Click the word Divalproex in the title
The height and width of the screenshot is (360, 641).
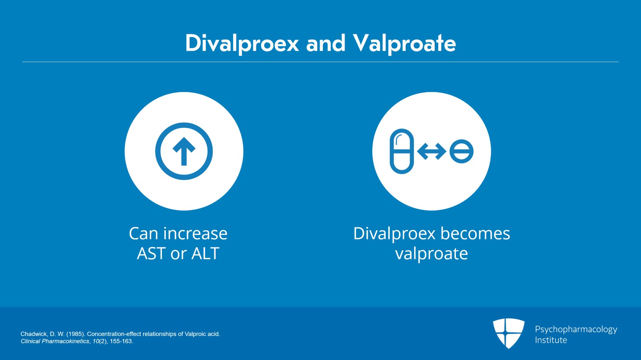(242, 43)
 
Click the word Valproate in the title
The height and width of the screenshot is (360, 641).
(404, 43)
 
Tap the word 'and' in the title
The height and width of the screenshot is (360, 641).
(326, 43)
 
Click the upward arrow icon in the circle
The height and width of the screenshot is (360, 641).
(184, 151)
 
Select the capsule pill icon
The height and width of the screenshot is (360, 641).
(401, 151)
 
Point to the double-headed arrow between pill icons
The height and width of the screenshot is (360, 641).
(431, 151)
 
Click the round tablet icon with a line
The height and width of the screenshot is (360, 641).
(462, 151)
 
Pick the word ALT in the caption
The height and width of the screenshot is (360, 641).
(206, 253)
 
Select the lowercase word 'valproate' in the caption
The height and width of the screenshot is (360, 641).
(431, 253)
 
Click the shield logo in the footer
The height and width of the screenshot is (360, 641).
(508, 333)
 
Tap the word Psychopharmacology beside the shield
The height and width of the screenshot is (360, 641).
(576, 329)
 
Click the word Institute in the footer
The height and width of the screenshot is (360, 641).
(551, 340)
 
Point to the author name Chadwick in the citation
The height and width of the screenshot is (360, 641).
(34, 334)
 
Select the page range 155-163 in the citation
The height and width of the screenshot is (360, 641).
(121, 341)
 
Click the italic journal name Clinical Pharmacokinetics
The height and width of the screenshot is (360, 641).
(55, 341)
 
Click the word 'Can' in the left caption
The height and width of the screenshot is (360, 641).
(143, 233)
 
